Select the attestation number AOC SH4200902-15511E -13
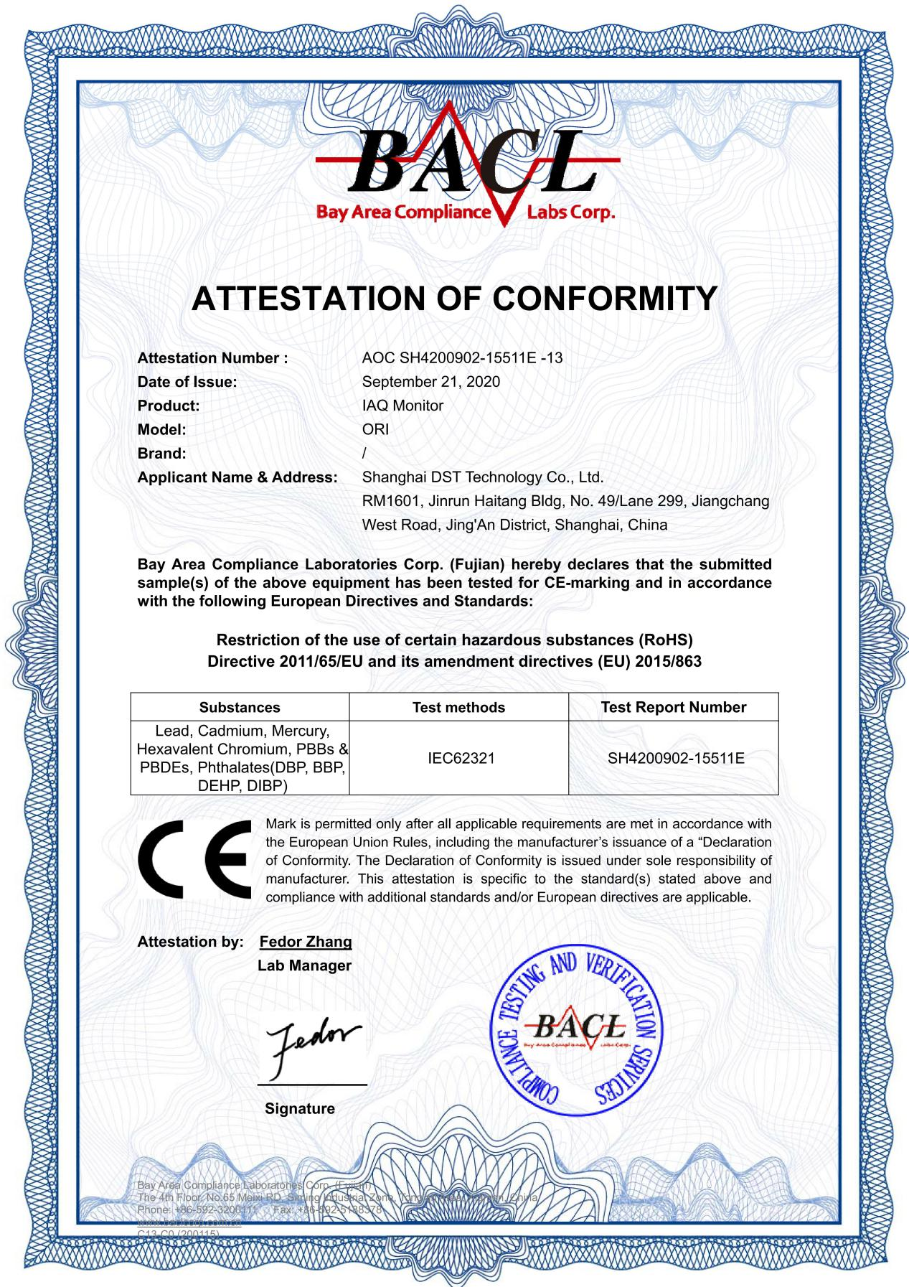point(462,357)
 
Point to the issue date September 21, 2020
point(430,381)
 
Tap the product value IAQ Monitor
point(402,406)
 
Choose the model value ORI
point(375,429)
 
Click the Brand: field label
point(161,453)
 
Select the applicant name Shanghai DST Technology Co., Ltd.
point(483,477)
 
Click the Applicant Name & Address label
point(237,477)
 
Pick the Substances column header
point(240,707)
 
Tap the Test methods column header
point(458,707)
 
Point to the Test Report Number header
point(673,707)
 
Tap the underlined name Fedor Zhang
point(306,942)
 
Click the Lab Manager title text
point(304,965)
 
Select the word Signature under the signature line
point(299,1108)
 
